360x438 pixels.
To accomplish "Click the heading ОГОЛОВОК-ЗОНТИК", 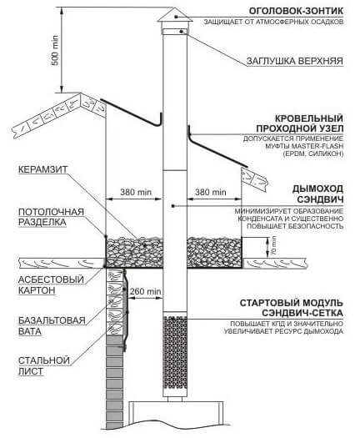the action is [x=296, y=11].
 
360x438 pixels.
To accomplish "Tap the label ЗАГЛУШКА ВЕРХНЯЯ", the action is [x=295, y=61].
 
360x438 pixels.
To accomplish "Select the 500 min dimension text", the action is [x=56, y=51].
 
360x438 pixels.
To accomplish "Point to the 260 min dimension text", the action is [x=145, y=291].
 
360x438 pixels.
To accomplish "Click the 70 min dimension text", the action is [x=274, y=246].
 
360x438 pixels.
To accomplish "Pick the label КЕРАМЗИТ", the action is [x=43, y=169].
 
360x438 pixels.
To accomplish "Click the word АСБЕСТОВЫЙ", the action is [x=51, y=279].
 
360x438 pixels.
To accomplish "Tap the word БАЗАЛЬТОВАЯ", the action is [x=52, y=320].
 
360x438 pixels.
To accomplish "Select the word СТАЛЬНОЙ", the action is [x=44, y=360].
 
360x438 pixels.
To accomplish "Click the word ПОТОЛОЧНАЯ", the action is [x=51, y=212].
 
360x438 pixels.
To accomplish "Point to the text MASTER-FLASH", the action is [x=314, y=146].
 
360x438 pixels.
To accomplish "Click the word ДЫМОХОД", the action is [x=317, y=189].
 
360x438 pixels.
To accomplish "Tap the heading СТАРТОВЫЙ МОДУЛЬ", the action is [x=292, y=303].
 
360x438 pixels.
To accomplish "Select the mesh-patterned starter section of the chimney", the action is [x=175, y=353].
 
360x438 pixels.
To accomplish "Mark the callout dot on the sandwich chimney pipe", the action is [x=173, y=206].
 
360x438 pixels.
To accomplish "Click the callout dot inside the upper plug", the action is [x=182, y=32].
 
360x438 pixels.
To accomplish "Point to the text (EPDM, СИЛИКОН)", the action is [x=312, y=154].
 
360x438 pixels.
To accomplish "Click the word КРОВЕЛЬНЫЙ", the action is [x=309, y=118].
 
